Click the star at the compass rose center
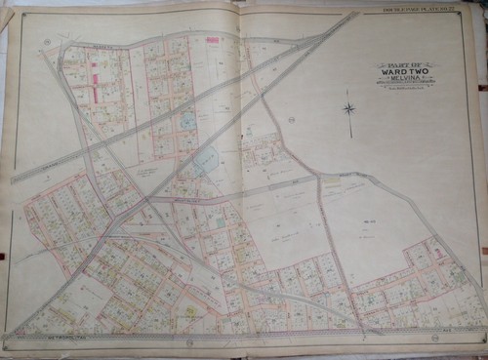point(348,107)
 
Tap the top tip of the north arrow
point(348,90)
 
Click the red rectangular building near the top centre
point(212,41)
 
